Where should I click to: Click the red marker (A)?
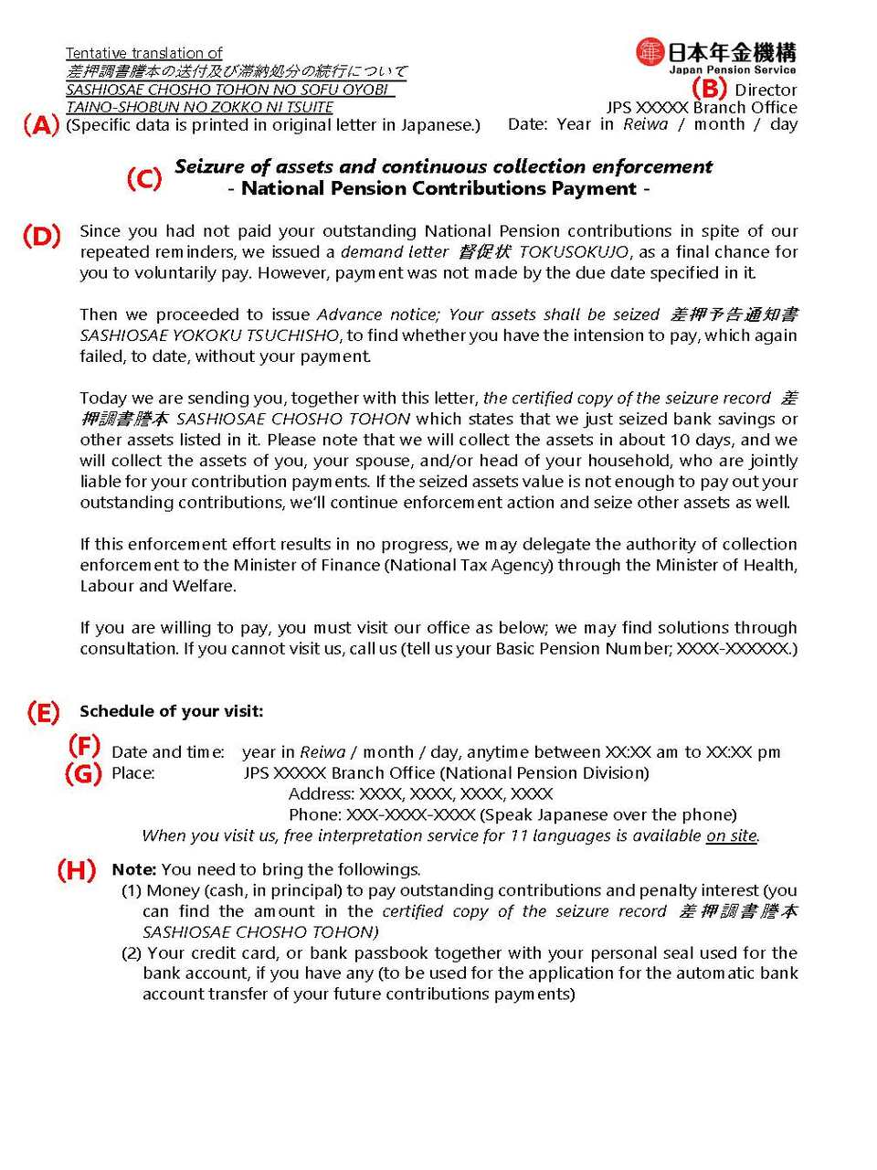click(41, 125)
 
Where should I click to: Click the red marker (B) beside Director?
click(709, 88)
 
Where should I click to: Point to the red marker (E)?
click(43, 712)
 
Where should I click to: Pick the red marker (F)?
click(84, 745)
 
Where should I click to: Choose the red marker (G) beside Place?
click(82, 773)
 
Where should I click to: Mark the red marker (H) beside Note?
click(77, 869)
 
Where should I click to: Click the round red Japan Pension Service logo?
click(650, 52)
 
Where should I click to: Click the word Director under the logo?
click(766, 90)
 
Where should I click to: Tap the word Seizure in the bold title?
click(209, 166)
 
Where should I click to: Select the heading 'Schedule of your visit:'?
click(171, 711)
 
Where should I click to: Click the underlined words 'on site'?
click(732, 835)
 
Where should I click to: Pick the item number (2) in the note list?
click(132, 952)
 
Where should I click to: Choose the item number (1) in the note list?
click(132, 890)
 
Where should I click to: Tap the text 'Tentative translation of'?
click(143, 53)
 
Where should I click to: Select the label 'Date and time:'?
click(168, 752)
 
